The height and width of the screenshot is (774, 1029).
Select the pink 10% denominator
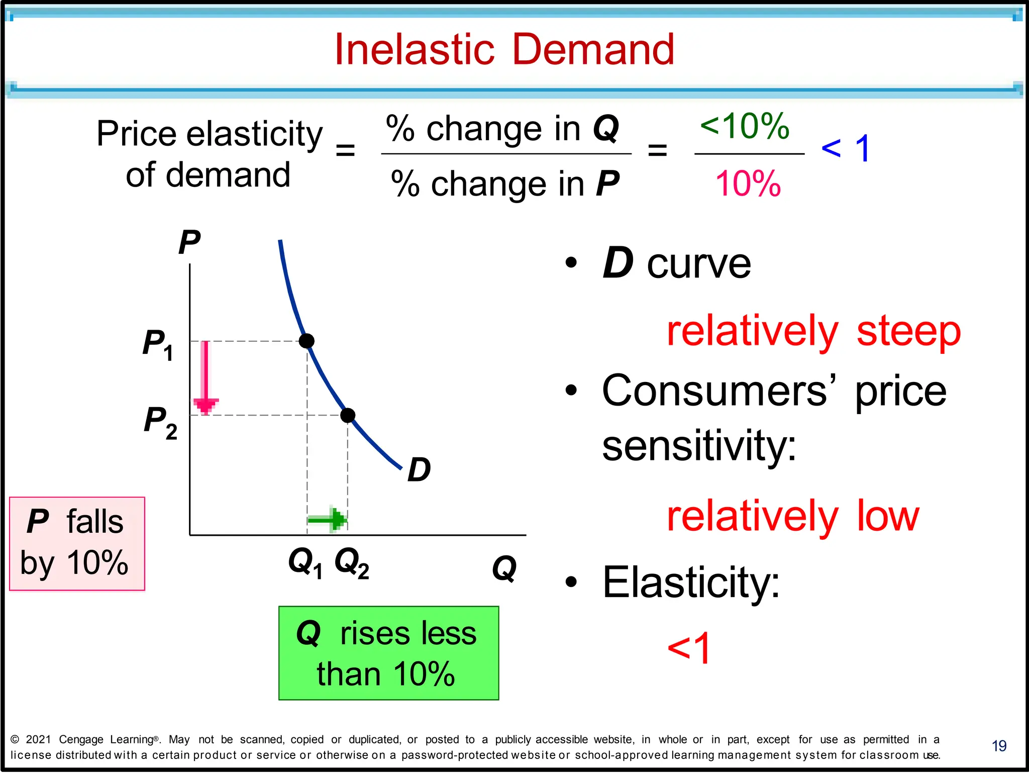coord(748,184)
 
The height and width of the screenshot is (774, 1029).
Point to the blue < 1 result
coord(846,148)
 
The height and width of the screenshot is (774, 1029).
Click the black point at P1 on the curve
coord(306,341)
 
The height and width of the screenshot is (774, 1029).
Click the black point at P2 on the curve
coord(348,415)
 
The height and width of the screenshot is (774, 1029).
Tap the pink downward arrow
coord(205,377)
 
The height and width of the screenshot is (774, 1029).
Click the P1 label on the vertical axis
coord(158,345)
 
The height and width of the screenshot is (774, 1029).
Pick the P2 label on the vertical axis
coord(160,422)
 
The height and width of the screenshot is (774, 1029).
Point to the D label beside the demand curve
coord(419,470)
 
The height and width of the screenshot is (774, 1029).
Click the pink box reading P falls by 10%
coord(77,543)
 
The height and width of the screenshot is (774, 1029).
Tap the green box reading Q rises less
coord(388,653)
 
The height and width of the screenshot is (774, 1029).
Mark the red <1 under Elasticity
coord(688,648)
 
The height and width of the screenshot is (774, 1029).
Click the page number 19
coord(999,746)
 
